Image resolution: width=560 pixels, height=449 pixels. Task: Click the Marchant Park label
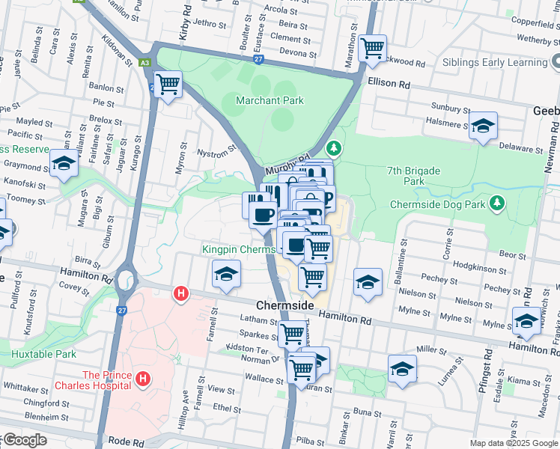(270, 100)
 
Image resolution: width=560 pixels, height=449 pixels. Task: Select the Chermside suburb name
(284, 306)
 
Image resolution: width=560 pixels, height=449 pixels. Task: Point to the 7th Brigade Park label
(414, 176)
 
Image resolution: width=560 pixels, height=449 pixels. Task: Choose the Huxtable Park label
(43, 354)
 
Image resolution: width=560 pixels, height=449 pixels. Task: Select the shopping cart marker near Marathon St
(372, 49)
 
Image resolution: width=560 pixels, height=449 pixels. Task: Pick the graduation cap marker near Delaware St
(484, 126)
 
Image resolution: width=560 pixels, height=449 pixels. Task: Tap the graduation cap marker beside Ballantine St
(368, 282)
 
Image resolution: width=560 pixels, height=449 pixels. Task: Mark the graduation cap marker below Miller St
(402, 369)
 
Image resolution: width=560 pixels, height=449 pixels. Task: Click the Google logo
(24, 441)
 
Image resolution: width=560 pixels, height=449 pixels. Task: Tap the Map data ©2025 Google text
(513, 443)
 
